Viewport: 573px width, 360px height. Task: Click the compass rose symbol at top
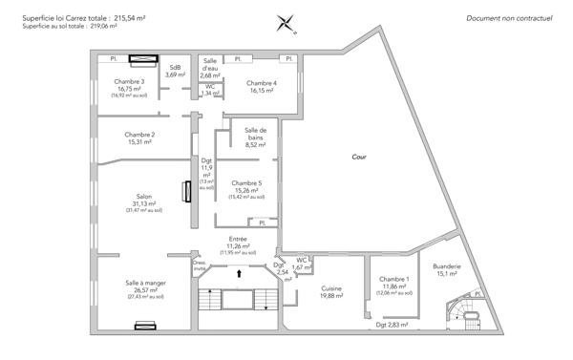click(x=287, y=22)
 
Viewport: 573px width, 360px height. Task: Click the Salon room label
click(x=145, y=202)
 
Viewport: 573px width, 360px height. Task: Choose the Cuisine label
click(x=332, y=291)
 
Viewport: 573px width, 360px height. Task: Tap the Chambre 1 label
click(x=394, y=283)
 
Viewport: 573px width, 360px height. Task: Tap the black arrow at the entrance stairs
click(x=239, y=274)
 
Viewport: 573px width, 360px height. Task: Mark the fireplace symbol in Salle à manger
click(x=145, y=326)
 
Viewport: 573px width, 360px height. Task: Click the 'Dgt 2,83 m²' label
click(x=392, y=326)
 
